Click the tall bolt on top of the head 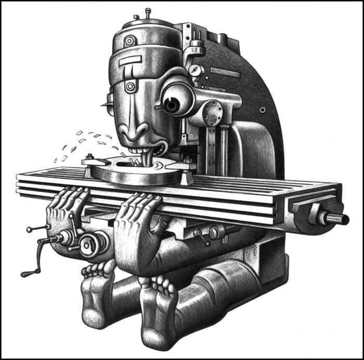148,12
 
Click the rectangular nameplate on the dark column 225,72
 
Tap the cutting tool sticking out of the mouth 149,158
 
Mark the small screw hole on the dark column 263,110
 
